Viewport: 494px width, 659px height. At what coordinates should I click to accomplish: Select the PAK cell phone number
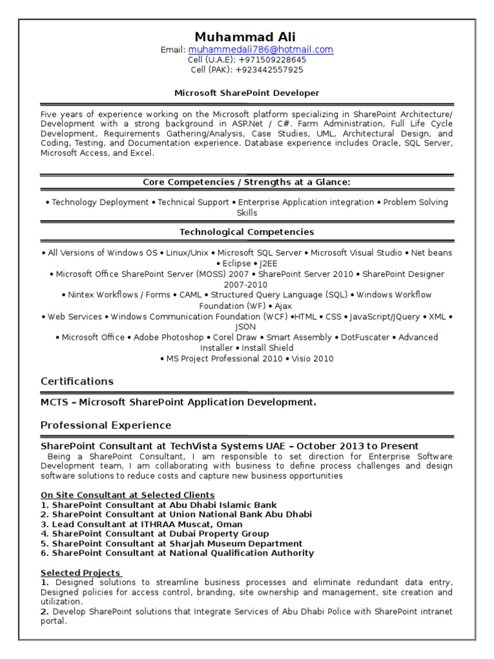[269, 70]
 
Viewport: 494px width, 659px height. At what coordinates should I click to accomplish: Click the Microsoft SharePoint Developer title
[247, 93]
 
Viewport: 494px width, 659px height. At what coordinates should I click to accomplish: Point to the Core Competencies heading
[247, 182]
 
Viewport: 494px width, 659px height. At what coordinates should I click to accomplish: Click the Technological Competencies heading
[247, 232]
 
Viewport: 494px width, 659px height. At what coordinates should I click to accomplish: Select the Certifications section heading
[77, 381]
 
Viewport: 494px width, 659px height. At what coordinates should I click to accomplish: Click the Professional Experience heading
[106, 425]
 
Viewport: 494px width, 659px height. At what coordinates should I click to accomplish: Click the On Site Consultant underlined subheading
[128, 495]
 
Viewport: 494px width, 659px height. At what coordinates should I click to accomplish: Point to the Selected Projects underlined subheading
[80, 573]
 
